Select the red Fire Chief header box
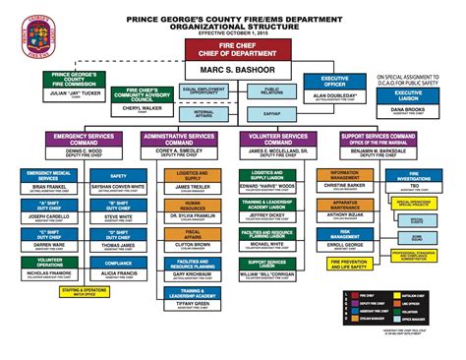click(232, 49)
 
